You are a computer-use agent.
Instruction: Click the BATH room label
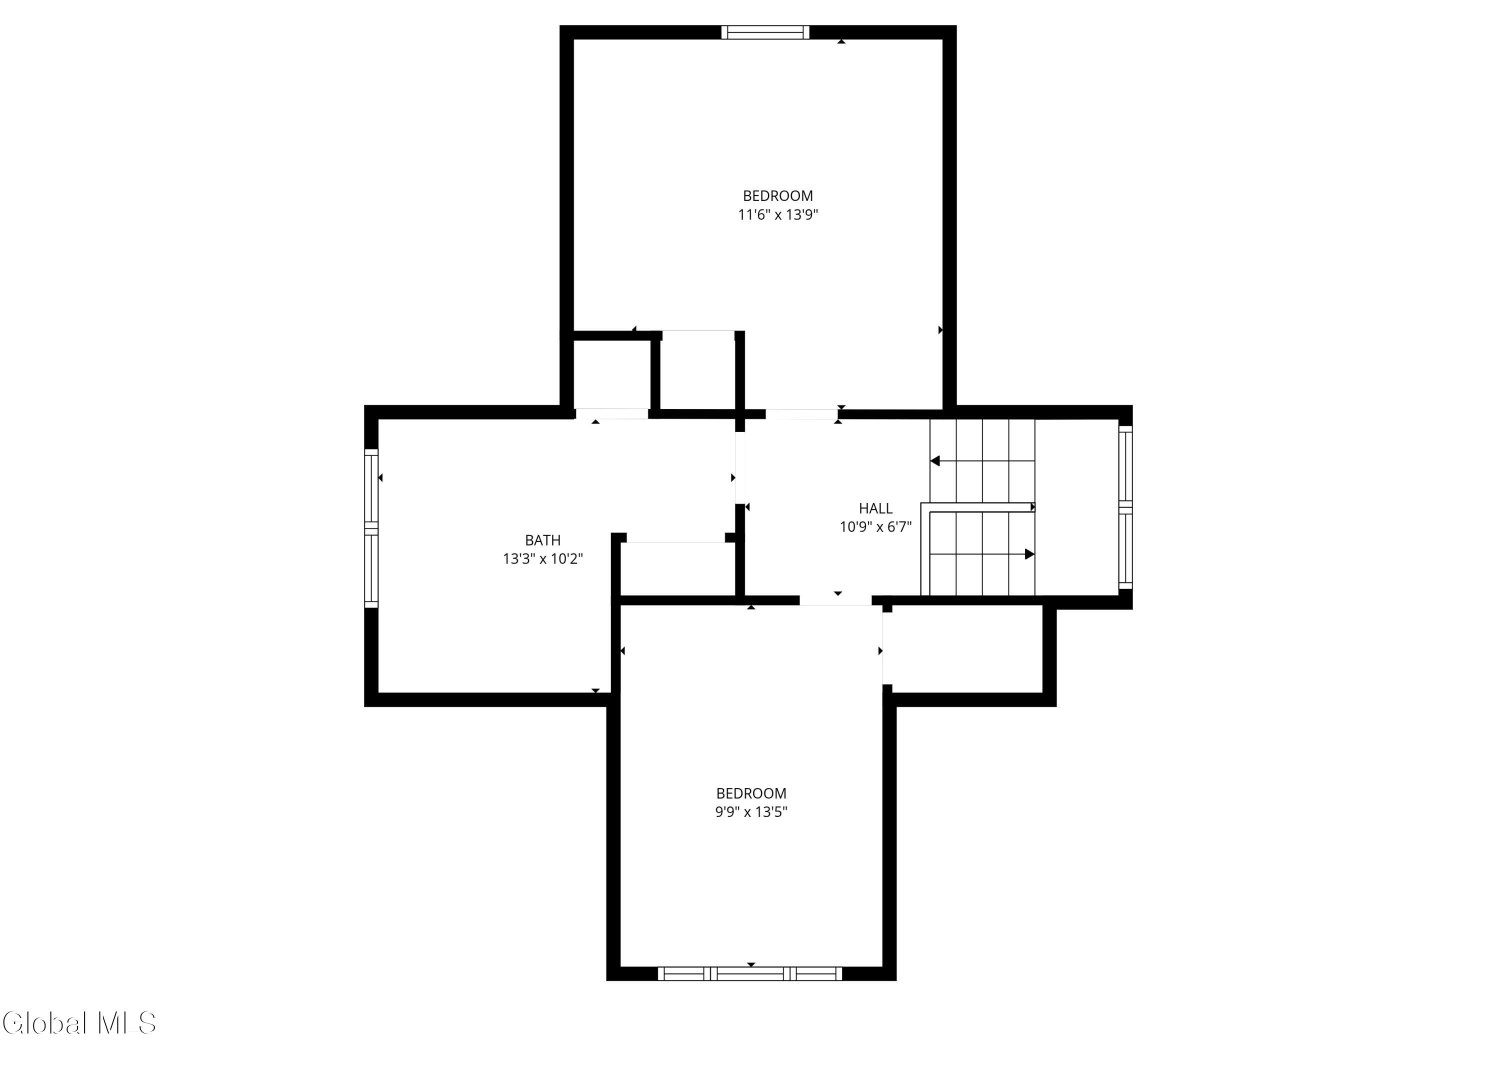point(542,540)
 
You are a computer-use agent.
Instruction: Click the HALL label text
point(875,508)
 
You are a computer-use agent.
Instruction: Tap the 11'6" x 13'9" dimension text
point(778,214)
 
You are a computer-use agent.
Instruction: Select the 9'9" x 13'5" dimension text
point(751,812)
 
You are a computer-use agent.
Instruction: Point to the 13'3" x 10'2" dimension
point(542,559)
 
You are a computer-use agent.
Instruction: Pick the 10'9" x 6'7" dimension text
point(875,527)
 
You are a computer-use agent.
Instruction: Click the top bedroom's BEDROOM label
point(778,196)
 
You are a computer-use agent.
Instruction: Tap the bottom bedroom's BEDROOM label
point(751,793)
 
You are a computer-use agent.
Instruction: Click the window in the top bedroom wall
point(765,32)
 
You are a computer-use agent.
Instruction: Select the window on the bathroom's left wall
point(371,528)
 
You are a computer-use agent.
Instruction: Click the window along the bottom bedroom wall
point(750,973)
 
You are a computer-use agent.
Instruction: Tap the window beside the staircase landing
point(1125,507)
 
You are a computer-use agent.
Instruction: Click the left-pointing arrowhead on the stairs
point(934,460)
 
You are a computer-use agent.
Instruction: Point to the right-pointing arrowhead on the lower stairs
point(1029,554)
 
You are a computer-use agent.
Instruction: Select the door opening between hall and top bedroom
point(801,414)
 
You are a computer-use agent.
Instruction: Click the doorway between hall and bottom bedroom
point(835,600)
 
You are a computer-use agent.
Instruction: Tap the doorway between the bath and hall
point(740,468)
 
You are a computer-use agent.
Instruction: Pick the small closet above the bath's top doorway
point(611,373)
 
